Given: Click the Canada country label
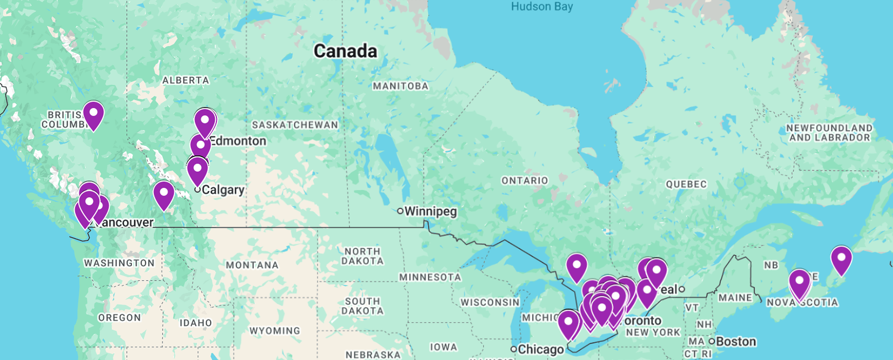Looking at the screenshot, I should pyautogui.click(x=345, y=51).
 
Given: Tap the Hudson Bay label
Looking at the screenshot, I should pyautogui.click(x=542, y=6).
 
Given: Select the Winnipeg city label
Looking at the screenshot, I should pyautogui.click(x=431, y=211).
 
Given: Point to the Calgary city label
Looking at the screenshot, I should pyautogui.click(x=223, y=190).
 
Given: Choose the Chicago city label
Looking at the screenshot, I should pyautogui.click(x=541, y=349).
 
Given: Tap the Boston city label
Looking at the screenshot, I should pyautogui.click(x=736, y=342).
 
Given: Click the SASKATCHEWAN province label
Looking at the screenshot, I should pyautogui.click(x=295, y=125).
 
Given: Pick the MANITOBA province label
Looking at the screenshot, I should pyautogui.click(x=401, y=86).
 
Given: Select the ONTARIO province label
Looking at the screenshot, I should pyautogui.click(x=525, y=180).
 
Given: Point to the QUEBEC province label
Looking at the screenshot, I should pyautogui.click(x=686, y=184).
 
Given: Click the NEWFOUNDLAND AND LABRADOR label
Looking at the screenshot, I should pyautogui.click(x=829, y=133).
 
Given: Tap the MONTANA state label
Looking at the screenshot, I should pyautogui.click(x=252, y=265).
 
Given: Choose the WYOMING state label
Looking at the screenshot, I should pyautogui.click(x=275, y=330).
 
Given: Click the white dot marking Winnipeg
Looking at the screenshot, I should pyautogui.click(x=401, y=211).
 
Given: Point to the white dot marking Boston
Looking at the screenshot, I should pyautogui.click(x=712, y=341).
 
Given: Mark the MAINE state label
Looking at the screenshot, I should pyautogui.click(x=735, y=298).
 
